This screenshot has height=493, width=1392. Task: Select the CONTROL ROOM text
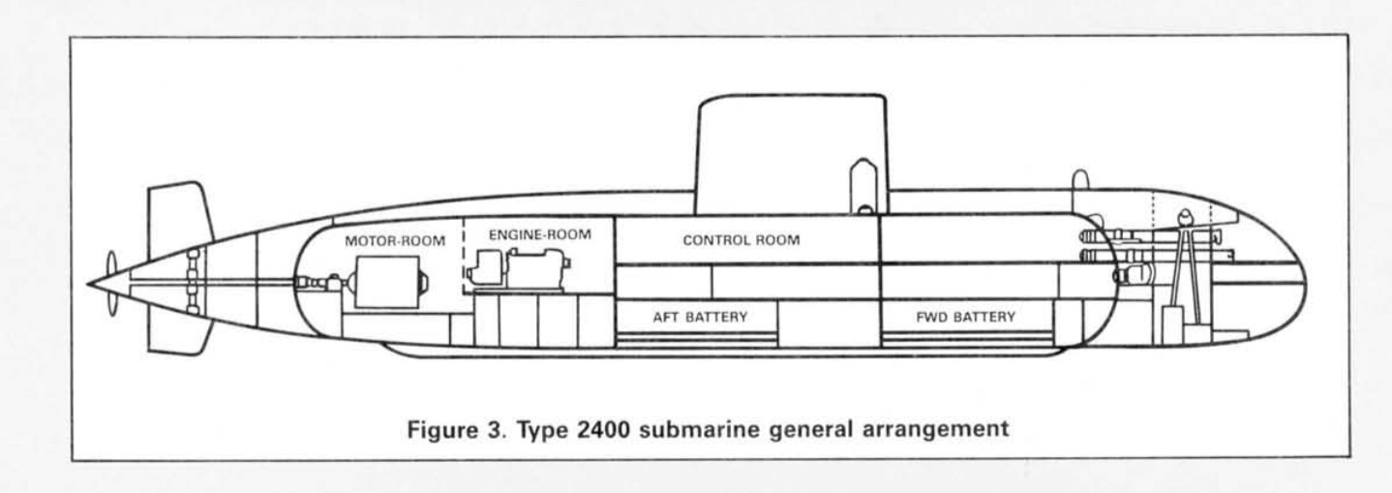tap(741, 241)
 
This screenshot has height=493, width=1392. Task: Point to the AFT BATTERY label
tap(701, 316)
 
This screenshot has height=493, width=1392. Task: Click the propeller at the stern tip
tap(110, 280)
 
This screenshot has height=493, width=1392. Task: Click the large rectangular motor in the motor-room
tap(387, 283)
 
